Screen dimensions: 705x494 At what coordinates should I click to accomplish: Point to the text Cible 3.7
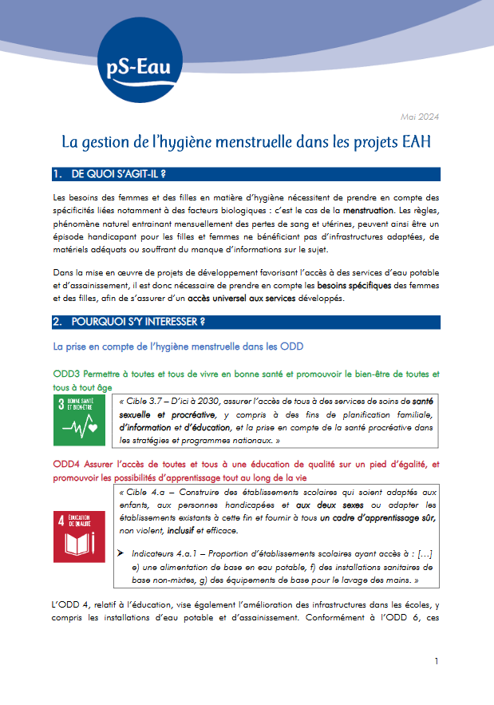tap(144, 402)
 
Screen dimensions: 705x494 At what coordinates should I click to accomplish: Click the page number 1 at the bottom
tap(437, 661)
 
